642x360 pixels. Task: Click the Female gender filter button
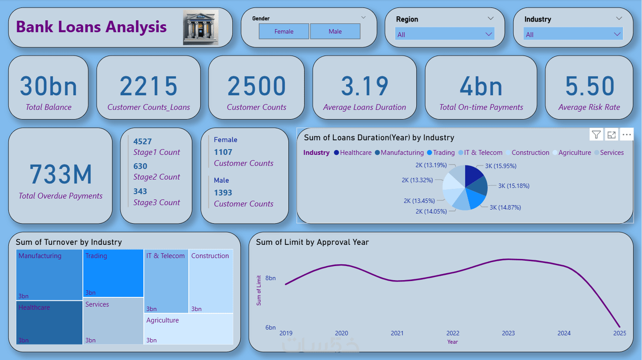(284, 31)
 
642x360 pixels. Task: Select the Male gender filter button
(335, 31)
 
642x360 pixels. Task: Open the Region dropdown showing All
(444, 34)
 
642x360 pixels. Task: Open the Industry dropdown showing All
(573, 34)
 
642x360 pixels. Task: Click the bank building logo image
(201, 27)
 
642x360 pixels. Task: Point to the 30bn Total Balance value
(49, 86)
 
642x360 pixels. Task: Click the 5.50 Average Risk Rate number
(590, 86)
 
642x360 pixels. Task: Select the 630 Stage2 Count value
(140, 166)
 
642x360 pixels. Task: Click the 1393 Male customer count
(223, 193)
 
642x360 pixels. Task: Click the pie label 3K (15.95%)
(500, 166)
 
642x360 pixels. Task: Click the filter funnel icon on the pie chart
(596, 135)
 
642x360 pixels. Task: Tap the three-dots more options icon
(627, 135)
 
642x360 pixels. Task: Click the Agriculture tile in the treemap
(189, 329)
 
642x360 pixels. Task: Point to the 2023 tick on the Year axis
(508, 333)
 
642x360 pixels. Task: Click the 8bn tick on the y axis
(270, 278)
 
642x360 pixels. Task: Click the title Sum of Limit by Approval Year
(312, 242)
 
